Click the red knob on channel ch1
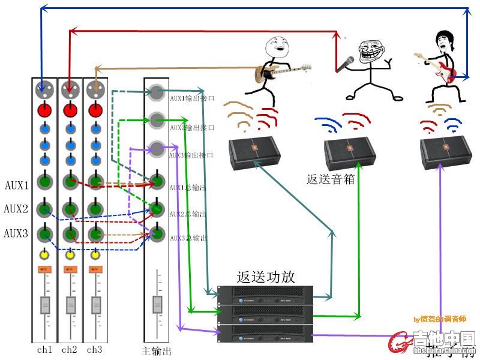[x=44, y=110]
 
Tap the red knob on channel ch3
[x=94, y=110]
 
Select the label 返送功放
[x=266, y=277]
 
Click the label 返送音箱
[x=331, y=179]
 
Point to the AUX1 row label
[x=16, y=185]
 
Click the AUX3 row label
[x=16, y=233]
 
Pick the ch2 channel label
[x=69, y=349]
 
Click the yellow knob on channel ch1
[x=44, y=255]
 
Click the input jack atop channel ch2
[x=69, y=91]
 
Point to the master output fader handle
[x=157, y=304]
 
